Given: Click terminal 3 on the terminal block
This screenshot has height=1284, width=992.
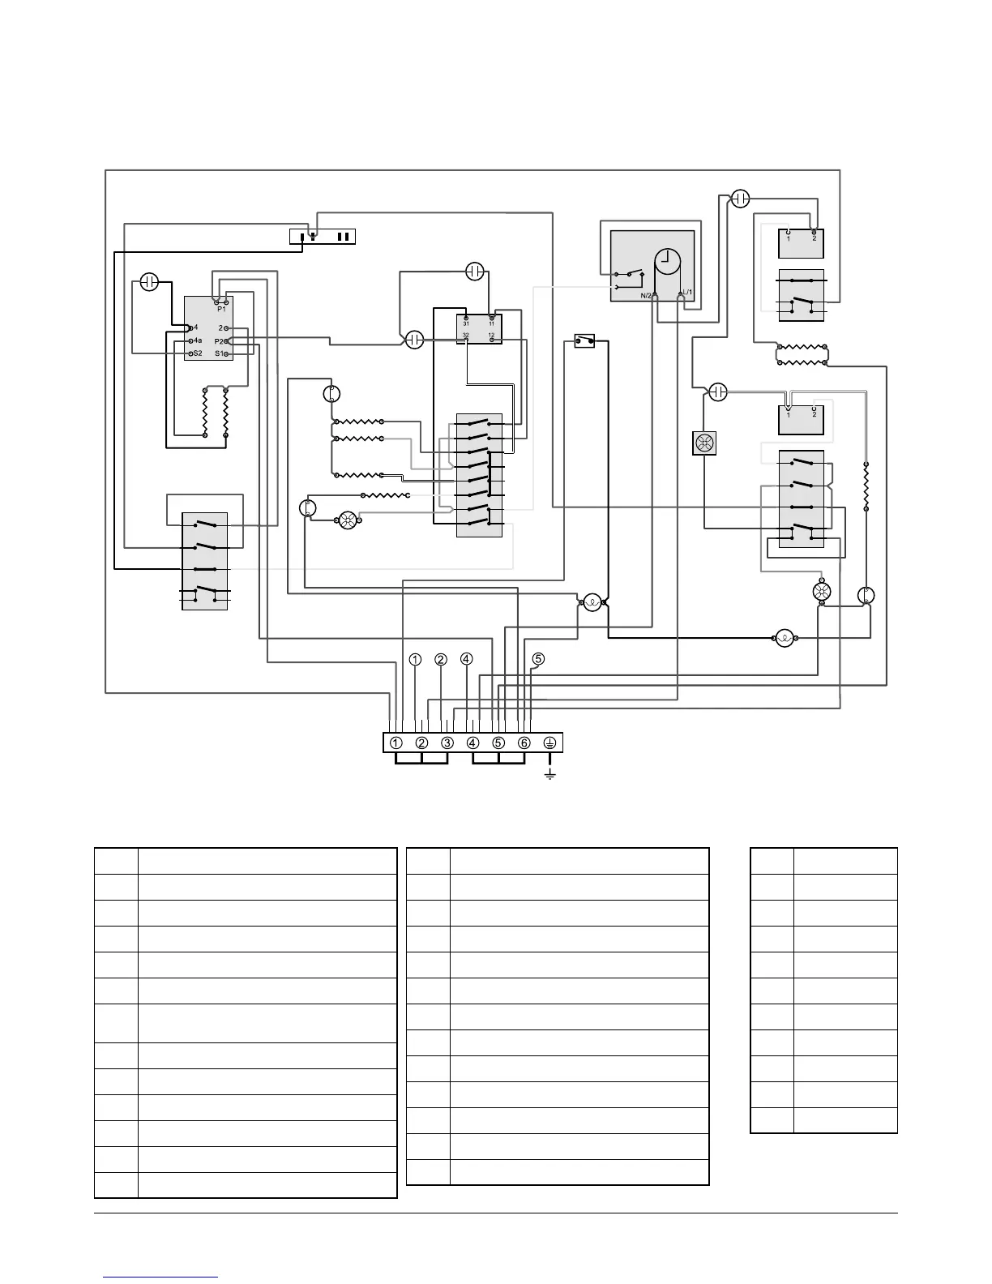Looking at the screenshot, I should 447,743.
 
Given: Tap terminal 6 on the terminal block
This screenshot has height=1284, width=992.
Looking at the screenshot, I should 524,743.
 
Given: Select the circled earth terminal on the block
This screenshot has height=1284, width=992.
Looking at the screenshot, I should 549,743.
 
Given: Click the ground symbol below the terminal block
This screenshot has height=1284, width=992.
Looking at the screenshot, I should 549,775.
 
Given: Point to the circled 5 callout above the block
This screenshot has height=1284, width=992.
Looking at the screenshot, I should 539,659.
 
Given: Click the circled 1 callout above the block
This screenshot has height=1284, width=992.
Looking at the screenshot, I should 415,659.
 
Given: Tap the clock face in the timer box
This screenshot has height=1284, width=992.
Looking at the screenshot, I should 669,259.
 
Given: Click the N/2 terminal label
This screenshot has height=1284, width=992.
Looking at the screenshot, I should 645,293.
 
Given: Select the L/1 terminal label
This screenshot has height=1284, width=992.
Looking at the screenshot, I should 686,293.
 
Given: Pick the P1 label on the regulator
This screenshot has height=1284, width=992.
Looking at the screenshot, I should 221,309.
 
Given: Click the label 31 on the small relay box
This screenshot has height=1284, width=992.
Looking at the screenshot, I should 466,323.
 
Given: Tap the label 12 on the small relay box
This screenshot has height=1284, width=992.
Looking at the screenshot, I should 491,335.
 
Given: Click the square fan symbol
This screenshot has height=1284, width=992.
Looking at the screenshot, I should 703,443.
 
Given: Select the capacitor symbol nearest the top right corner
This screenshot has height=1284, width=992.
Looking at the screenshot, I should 740,198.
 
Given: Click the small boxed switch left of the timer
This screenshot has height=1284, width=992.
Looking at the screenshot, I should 584,341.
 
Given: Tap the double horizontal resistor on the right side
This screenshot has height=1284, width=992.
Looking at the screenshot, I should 802,354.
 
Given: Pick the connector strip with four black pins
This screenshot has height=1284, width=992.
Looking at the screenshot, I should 323,237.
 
